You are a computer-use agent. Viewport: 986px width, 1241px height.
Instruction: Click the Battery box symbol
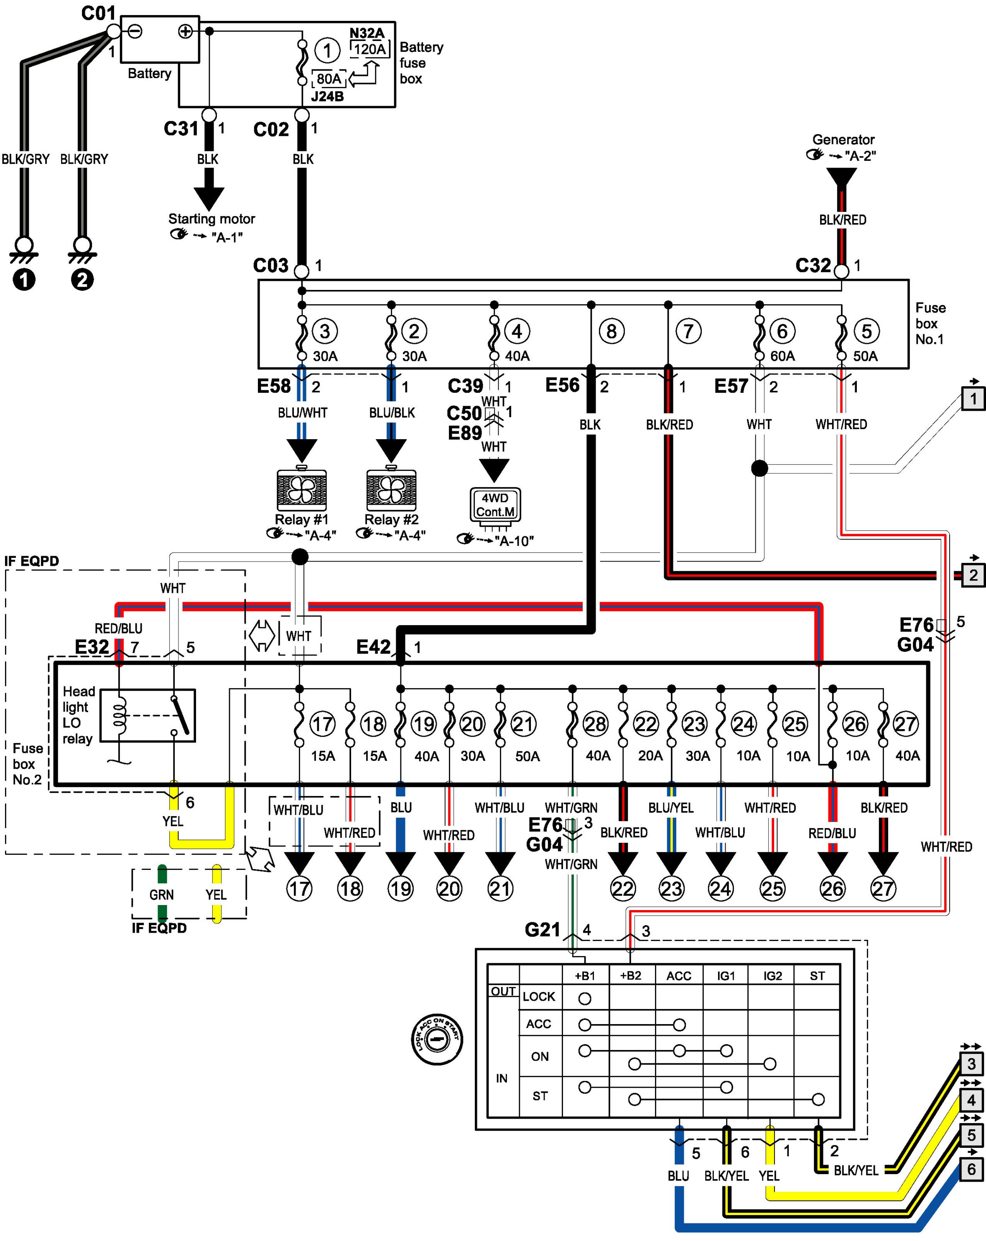tap(160, 39)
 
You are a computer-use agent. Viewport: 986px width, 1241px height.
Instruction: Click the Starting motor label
tap(211, 219)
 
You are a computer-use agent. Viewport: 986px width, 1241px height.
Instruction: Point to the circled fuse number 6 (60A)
tap(782, 331)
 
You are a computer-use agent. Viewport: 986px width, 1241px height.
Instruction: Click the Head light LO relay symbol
tap(148, 715)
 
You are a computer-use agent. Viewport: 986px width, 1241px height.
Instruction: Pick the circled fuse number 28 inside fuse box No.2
tap(595, 724)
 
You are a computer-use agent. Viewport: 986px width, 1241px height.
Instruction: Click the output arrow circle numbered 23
tap(671, 889)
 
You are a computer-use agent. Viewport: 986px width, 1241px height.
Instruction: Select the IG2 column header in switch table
tap(772, 976)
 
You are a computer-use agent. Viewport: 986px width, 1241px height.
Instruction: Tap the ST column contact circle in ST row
tap(818, 1099)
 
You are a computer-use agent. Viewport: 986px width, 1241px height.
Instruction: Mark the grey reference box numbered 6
tap(972, 1170)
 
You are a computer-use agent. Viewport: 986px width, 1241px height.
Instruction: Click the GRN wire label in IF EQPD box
tap(161, 895)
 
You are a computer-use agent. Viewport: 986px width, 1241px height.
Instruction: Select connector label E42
tap(373, 647)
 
